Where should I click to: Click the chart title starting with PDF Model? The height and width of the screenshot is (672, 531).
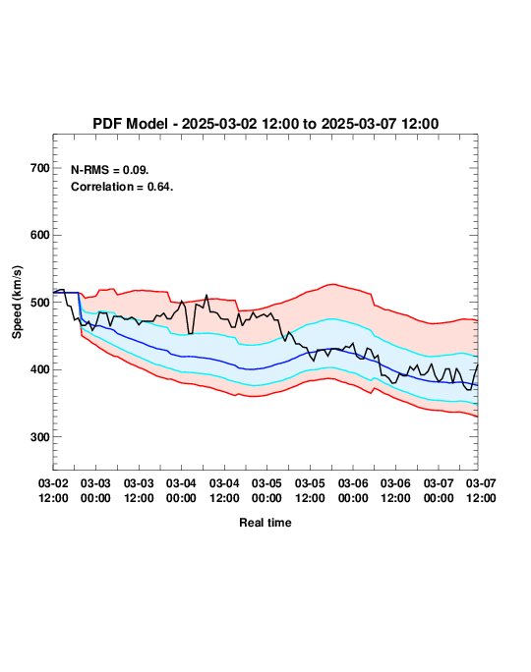pyautogui.click(x=265, y=124)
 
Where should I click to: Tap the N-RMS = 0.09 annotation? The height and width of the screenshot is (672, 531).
pyautogui.click(x=109, y=170)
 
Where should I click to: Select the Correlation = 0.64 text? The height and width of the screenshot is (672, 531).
pyautogui.click(x=122, y=187)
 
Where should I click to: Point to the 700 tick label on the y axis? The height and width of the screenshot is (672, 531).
pyautogui.click(x=40, y=168)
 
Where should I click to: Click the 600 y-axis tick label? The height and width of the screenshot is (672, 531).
pyautogui.click(x=40, y=235)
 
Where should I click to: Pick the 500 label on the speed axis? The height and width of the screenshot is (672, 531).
pyautogui.click(x=40, y=303)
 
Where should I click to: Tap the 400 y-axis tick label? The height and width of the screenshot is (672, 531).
pyautogui.click(x=40, y=369)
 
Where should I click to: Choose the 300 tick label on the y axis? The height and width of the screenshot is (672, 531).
pyautogui.click(x=40, y=437)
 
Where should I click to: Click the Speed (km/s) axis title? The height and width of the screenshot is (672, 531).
pyautogui.click(x=17, y=303)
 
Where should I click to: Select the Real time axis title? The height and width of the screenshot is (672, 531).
pyautogui.click(x=265, y=523)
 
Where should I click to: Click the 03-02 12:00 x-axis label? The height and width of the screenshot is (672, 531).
pyautogui.click(x=53, y=490)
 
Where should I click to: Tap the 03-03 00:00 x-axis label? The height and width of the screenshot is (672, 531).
pyautogui.click(x=95, y=490)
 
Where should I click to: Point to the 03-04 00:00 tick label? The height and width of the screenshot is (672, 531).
pyautogui.click(x=181, y=490)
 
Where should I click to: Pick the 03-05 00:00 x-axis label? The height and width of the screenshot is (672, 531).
pyautogui.click(x=266, y=490)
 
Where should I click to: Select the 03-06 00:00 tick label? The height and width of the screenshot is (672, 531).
pyautogui.click(x=353, y=490)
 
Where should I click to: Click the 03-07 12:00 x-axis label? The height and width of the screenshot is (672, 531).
pyautogui.click(x=481, y=490)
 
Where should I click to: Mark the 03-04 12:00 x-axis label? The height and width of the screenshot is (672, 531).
pyautogui.click(x=224, y=490)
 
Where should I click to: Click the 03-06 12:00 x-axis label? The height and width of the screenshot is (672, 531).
pyautogui.click(x=395, y=490)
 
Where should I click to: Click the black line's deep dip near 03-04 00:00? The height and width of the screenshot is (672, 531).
pyautogui.click(x=190, y=333)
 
